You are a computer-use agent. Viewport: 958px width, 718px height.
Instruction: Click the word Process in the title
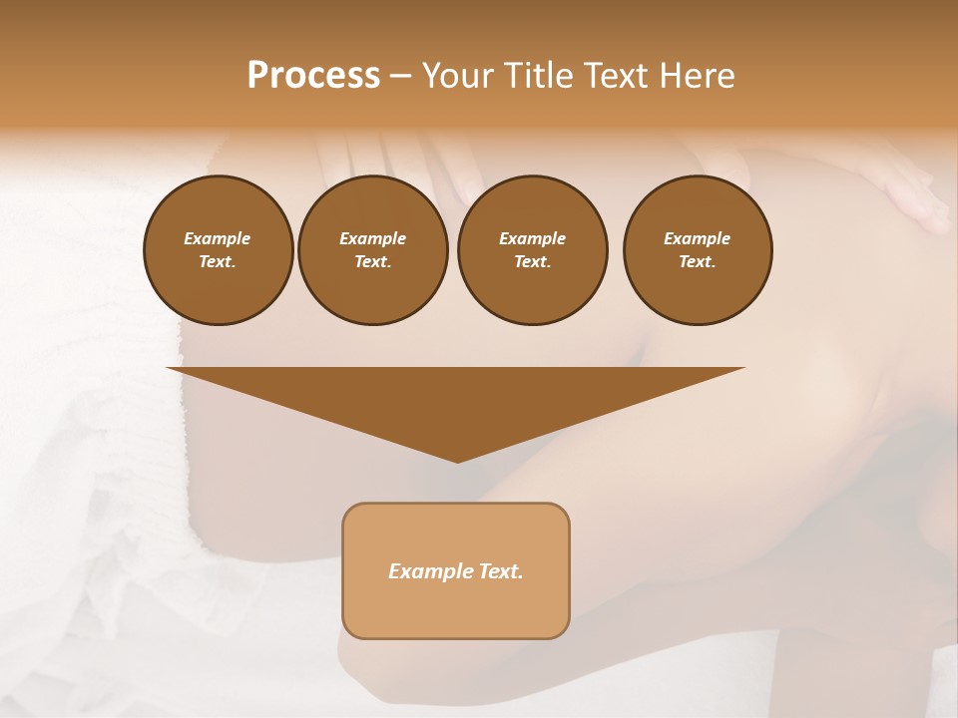point(313,75)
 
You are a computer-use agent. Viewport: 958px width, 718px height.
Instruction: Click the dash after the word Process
point(400,76)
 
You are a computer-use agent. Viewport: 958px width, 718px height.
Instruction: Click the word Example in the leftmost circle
point(218,238)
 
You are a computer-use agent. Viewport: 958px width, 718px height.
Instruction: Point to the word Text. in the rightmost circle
point(698,261)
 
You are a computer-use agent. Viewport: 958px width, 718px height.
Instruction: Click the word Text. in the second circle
point(373,261)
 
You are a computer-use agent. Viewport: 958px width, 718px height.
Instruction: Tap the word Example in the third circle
point(533,238)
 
